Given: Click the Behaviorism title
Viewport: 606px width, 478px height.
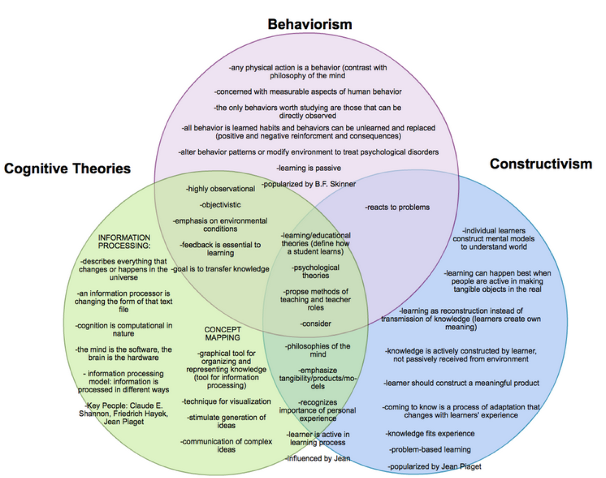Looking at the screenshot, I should click(x=309, y=24).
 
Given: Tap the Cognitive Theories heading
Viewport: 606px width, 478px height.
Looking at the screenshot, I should click(x=67, y=169).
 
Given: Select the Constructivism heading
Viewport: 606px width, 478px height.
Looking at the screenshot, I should click(x=540, y=164).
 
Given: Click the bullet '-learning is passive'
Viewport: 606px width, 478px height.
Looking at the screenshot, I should click(x=309, y=168).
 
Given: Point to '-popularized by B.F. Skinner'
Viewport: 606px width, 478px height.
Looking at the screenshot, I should click(x=309, y=184).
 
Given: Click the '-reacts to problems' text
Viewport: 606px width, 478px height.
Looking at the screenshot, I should click(x=397, y=207).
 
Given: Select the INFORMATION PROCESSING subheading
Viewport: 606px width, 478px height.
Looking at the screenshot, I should click(x=124, y=241).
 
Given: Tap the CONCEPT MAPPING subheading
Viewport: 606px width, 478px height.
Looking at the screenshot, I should click(x=222, y=333).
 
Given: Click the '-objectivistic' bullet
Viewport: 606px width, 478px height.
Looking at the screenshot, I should click(x=220, y=205).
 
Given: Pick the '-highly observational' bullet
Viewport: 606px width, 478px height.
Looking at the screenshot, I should click(x=220, y=189).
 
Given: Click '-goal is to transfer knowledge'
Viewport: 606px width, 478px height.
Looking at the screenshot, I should click(x=220, y=269).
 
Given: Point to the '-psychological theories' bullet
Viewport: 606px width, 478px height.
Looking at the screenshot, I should click(x=315, y=271).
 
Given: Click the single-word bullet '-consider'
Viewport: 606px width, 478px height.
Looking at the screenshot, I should click(x=315, y=324).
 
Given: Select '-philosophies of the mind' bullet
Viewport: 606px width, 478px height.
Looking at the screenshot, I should click(x=317, y=350).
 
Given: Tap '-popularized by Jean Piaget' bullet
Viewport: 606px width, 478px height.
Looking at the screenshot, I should click(x=434, y=467).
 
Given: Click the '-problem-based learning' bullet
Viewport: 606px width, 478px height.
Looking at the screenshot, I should click(x=430, y=450).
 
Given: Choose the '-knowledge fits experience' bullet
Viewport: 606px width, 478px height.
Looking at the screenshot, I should click(x=430, y=434).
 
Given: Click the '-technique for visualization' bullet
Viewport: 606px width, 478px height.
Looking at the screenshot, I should click(x=226, y=401).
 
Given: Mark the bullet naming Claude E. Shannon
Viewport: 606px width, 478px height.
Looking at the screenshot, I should click(x=124, y=413).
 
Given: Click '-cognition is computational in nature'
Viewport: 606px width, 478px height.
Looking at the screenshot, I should click(x=124, y=329).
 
